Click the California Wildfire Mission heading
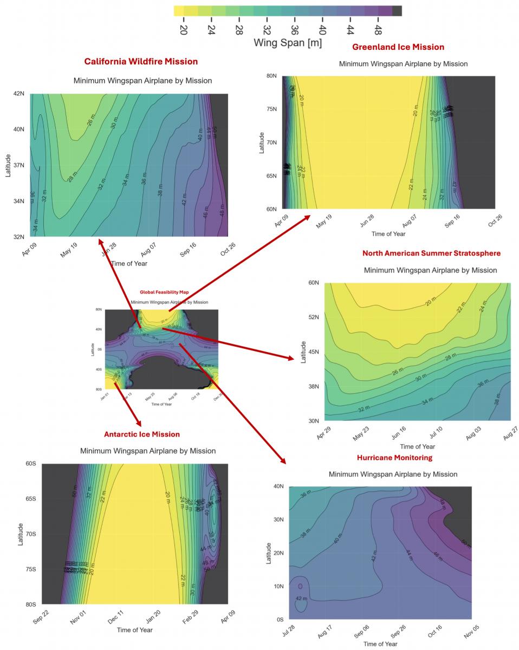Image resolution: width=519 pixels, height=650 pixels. pos(141,61)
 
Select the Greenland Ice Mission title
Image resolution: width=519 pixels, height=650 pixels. pos(398,47)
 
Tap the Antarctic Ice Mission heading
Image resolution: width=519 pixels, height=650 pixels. pos(142,434)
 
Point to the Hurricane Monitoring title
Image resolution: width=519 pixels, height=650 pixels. pos(394,458)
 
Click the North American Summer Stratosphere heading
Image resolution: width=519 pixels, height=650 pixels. pos(431,253)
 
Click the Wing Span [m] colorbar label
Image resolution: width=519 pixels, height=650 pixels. pos(288,43)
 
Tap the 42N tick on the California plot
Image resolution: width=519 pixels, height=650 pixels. pos(18,94)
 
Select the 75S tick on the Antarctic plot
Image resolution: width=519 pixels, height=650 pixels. pos(31,569)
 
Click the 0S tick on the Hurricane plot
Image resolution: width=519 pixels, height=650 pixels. pos(280,619)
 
